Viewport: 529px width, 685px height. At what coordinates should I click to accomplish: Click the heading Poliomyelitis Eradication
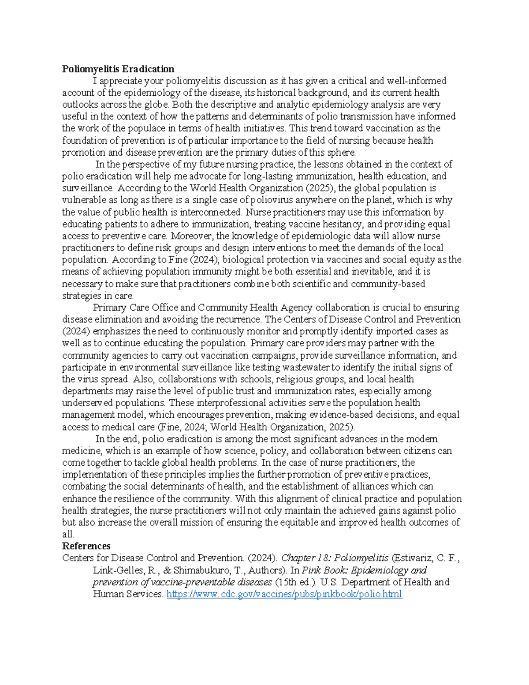(x=118, y=69)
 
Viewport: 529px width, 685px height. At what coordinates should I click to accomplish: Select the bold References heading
(x=86, y=546)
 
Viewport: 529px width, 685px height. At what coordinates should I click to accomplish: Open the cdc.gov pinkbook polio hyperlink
(x=284, y=594)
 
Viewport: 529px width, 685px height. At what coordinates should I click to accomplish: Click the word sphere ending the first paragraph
(x=341, y=153)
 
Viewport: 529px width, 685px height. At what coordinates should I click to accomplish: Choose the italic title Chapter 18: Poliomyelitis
(x=335, y=558)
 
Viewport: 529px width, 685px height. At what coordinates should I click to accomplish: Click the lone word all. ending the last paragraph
(x=68, y=534)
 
